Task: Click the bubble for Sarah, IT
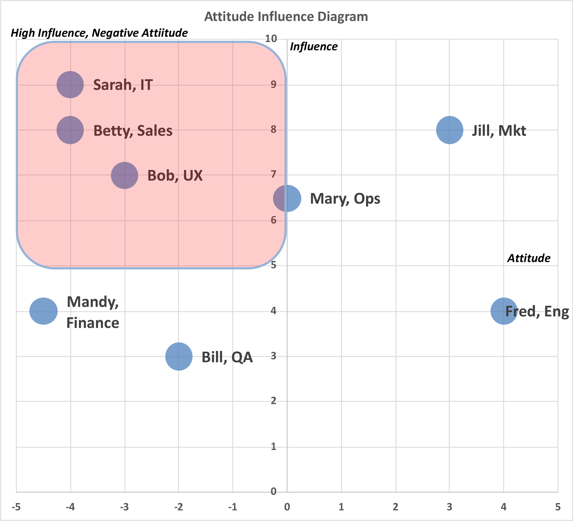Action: [70, 85]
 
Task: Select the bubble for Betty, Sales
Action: [70, 130]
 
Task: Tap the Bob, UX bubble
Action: [125, 175]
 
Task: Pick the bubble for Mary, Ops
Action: [287, 198]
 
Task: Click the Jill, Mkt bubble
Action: [450, 130]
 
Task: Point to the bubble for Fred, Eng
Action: [504, 311]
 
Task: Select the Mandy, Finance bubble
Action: [44, 311]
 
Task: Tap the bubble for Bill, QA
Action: [179, 356]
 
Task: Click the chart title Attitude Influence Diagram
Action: [286, 17]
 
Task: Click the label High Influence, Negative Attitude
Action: [99, 33]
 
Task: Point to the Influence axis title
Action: [314, 47]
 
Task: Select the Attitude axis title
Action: [529, 258]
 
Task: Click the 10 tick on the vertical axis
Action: [271, 39]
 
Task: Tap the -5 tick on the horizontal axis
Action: [16, 507]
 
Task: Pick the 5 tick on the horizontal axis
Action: [558, 507]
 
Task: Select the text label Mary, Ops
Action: [345, 199]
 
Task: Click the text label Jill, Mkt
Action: [499, 131]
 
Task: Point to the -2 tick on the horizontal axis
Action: [178, 507]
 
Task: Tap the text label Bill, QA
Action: [227, 357]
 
